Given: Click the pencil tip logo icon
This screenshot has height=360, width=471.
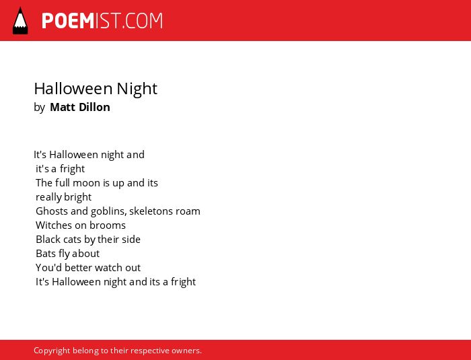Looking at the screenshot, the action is pyautogui.click(x=20, y=21).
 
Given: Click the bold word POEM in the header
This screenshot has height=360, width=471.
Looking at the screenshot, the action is pyautogui.click(x=68, y=21).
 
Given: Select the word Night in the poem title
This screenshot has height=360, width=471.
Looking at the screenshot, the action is pyautogui.click(x=137, y=89).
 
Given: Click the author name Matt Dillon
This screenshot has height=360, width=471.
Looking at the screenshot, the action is pyautogui.click(x=80, y=107).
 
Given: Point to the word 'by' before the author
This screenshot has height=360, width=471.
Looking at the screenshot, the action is pyautogui.click(x=39, y=108).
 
